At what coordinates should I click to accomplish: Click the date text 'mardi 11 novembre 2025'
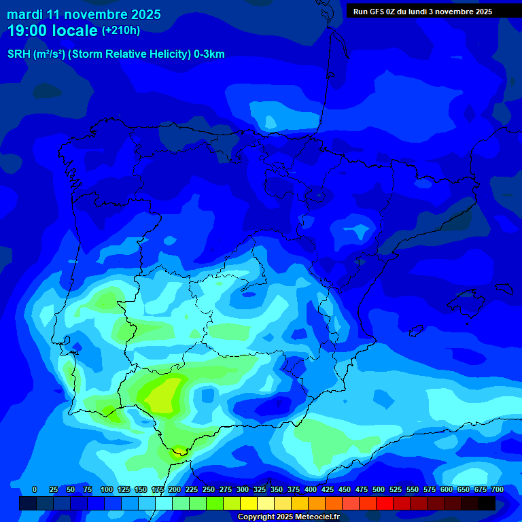pyautogui.click(x=84, y=14)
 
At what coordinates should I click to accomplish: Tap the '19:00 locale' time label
pyautogui.click(x=52, y=31)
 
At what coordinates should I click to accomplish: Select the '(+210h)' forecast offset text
pyautogui.click(x=121, y=31)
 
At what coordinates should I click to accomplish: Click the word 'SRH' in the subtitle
pyautogui.click(x=19, y=54)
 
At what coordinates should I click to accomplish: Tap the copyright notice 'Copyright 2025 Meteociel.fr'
pyautogui.click(x=288, y=517)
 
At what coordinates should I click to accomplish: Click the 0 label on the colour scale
pyautogui.click(x=35, y=490)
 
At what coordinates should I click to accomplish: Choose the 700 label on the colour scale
pyautogui.click(x=497, y=490)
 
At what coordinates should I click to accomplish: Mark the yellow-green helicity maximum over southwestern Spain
pyautogui.click(x=163, y=394)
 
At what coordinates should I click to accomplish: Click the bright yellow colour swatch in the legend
pyautogui.click(x=249, y=504)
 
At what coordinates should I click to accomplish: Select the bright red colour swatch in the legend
pyautogui.click(x=385, y=504)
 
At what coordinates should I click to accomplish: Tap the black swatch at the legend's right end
pyautogui.click(x=487, y=504)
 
